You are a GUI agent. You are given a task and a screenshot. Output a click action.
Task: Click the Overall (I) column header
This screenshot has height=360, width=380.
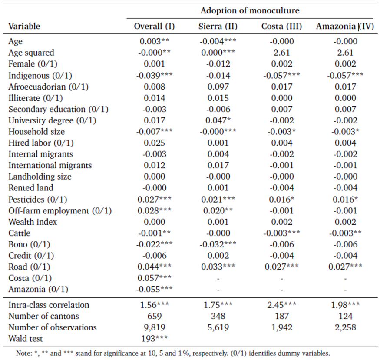click(x=154, y=26)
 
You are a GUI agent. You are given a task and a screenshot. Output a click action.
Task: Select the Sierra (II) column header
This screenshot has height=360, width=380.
click(x=218, y=26)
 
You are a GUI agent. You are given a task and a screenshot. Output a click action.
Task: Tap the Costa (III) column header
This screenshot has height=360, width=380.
click(x=281, y=26)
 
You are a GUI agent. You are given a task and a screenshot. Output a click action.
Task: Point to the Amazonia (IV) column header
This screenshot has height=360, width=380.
click(x=345, y=26)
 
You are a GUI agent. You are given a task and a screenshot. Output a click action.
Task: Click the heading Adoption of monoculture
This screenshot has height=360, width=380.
click(x=250, y=10)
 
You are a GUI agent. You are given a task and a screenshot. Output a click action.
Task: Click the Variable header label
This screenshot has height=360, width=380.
click(x=24, y=26)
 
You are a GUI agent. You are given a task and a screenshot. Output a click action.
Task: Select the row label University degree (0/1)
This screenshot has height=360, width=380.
click(x=53, y=120)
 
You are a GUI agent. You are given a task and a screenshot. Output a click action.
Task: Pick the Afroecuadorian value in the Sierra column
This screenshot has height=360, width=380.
click(x=218, y=87)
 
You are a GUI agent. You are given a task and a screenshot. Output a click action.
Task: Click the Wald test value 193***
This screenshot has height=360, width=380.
click(x=154, y=338)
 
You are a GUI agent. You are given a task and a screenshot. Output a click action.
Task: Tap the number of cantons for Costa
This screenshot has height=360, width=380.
click(x=282, y=316)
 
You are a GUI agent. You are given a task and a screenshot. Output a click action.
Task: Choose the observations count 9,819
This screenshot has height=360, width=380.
click(x=154, y=327)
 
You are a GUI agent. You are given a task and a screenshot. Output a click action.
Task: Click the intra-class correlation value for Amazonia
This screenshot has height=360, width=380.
click(x=345, y=305)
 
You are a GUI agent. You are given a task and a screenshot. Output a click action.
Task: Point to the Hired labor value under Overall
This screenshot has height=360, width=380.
click(x=154, y=143)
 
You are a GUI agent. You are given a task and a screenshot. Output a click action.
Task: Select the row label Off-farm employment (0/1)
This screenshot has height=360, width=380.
click(x=60, y=211)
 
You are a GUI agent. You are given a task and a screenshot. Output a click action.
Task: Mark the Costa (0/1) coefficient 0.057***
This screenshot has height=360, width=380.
click(x=154, y=278)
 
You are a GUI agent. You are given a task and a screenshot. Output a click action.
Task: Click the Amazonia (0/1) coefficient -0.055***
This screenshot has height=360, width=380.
click(x=154, y=289)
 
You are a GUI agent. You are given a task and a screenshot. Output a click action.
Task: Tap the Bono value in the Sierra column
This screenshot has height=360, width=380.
click(x=218, y=244)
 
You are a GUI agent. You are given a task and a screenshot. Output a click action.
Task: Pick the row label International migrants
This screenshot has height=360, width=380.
click(x=50, y=166)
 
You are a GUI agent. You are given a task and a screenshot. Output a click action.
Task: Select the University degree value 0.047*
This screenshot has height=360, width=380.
click(x=218, y=120)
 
